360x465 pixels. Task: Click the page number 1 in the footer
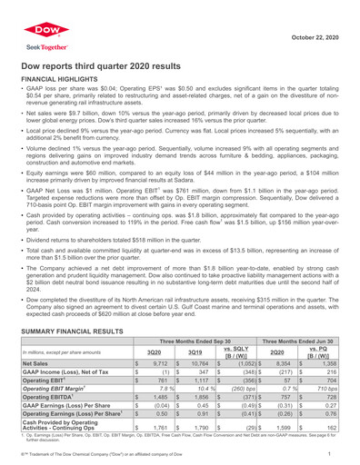350,460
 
